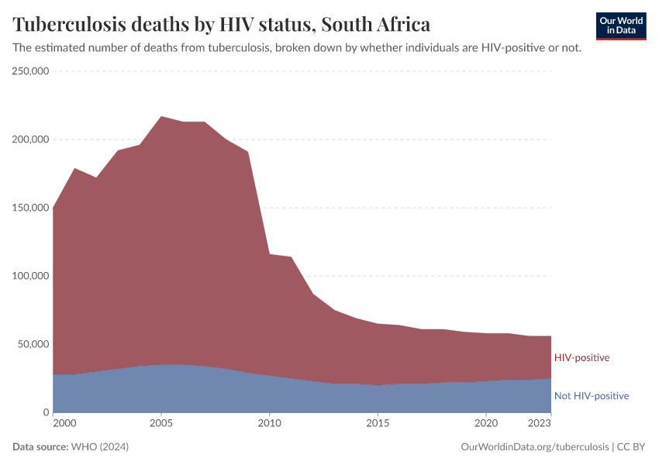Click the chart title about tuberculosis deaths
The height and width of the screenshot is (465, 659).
[221, 24]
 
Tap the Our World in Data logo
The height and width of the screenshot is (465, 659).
[621, 26]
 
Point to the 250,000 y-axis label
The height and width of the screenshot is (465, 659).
[31, 71]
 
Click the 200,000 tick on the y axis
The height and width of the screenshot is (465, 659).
[31, 139]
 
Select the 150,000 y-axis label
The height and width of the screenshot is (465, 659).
[31, 208]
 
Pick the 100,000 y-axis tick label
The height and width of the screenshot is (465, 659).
[31, 276]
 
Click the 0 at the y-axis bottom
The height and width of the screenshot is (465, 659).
[46, 412]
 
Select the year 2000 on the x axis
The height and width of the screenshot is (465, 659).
[64, 424]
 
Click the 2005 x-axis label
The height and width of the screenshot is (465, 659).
[160, 424]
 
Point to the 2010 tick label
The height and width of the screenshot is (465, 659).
[269, 424]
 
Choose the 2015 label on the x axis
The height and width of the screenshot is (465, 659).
[378, 424]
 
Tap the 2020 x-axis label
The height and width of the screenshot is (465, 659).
[485, 424]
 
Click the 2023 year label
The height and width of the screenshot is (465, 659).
[540, 424]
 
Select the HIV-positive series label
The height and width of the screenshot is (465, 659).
[581, 358]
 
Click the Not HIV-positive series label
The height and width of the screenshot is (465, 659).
[591, 396]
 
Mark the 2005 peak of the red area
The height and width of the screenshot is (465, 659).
[160, 117]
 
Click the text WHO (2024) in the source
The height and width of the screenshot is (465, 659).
[99, 447]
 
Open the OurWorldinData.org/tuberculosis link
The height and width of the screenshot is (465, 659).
[534, 447]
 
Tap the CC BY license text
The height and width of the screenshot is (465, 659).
[631, 447]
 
